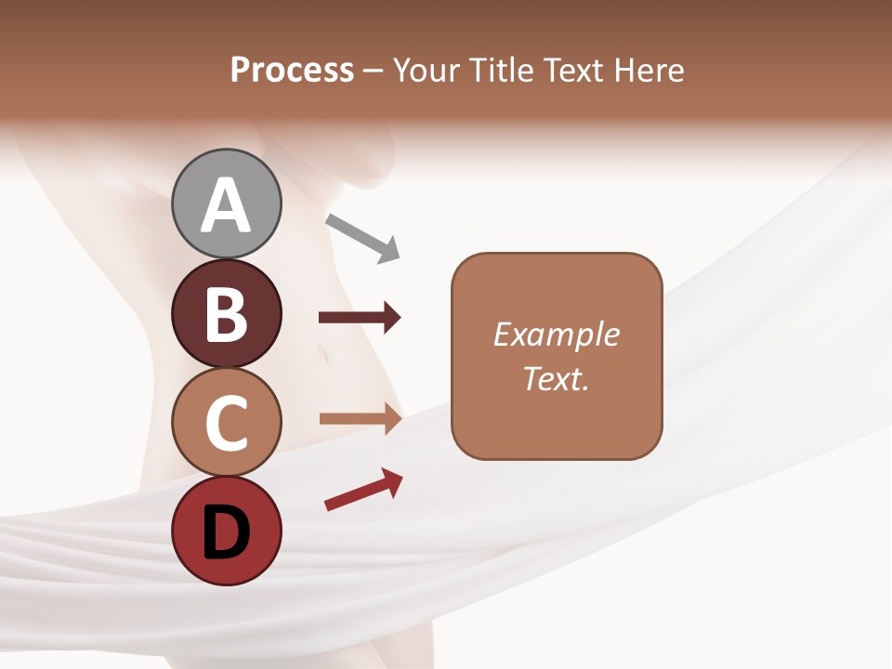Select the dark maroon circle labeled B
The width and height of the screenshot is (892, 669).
click(x=226, y=314)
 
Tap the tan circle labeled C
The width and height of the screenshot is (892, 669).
click(x=226, y=422)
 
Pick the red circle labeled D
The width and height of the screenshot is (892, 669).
click(x=226, y=531)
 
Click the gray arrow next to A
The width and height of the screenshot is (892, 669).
click(x=361, y=237)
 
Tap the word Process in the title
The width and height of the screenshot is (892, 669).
click(x=292, y=70)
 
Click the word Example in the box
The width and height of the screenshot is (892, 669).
click(x=556, y=334)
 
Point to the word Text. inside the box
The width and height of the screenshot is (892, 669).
click(x=556, y=379)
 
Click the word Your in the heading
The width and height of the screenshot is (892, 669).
click(x=428, y=70)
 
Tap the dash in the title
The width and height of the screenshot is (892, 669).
click(x=373, y=71)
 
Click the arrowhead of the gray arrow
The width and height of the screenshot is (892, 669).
click(x=388, y=250)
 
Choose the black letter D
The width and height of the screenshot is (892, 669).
click(x=226, y=532)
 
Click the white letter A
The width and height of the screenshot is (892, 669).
click(x=226, y=206)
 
